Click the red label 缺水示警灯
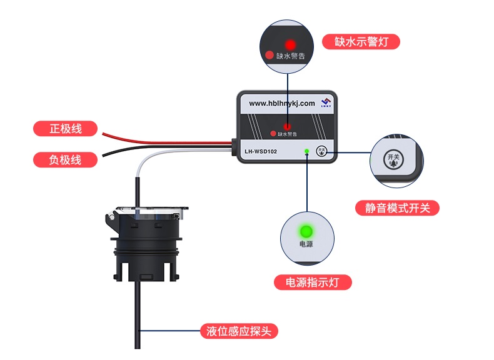click(x=361, y=42)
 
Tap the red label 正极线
click(x=66, y=129)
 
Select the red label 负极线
click(x=66, y=160)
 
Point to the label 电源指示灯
click(x=313, y=282)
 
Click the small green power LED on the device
click(x=306, y=151)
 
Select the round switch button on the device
click(x=322, y=151)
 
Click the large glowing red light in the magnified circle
click(x=290, y=45)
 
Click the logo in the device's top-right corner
click(x=325, y=102)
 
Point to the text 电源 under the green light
click(x=306, y=244)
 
